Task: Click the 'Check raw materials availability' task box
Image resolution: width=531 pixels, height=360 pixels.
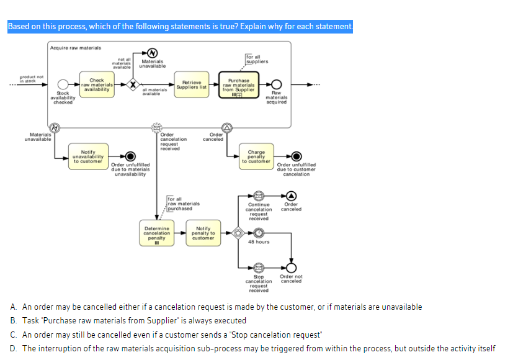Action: coord(97,85)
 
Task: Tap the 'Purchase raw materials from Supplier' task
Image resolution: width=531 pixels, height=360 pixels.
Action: coord(239,85)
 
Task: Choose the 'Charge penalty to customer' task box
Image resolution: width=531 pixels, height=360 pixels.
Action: coord(256,156)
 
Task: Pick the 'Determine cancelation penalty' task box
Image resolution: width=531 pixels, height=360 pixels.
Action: coord(156,234)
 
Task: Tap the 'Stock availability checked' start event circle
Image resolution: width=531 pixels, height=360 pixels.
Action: coord(63,85)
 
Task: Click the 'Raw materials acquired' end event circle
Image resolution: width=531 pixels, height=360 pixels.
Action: coord(277,85)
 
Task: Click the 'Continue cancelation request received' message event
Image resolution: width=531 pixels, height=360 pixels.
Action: coord(259,196)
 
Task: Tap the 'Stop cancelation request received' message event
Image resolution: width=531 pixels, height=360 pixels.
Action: coord(259,268)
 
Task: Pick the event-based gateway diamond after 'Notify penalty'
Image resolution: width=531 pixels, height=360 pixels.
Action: coord(236,234)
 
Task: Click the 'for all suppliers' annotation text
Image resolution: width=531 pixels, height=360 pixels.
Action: coord(257,59)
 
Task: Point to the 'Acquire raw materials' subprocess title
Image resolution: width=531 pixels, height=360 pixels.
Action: coord(76,48)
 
